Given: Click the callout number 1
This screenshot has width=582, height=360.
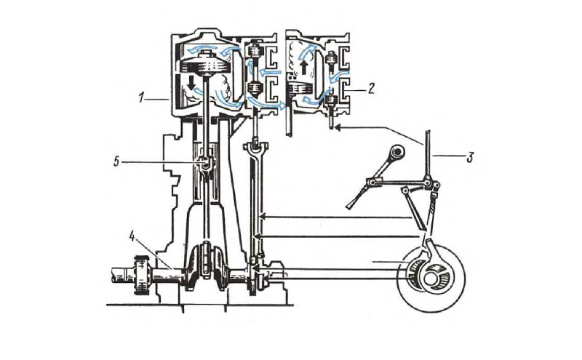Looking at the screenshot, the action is tap(141, 98).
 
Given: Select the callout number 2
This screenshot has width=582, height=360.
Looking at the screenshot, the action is tap(371, 89).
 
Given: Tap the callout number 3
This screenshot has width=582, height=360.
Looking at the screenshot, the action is tap(470, 157).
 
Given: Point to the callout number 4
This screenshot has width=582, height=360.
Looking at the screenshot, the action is tap(132, 236).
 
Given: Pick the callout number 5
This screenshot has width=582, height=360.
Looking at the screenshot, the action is tap(116, 161).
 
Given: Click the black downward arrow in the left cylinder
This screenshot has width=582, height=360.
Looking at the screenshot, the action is tap(191, 83).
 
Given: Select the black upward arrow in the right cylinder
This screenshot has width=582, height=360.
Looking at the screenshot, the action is tap(304, 68).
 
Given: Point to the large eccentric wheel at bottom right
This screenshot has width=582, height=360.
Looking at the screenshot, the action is tap(431, 279).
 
